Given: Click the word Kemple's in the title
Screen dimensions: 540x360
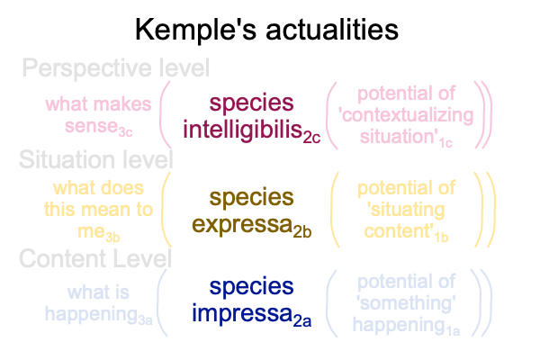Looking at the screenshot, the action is pyautogui.click(x=196, y=31).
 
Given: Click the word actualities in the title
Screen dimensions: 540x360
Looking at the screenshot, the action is pyautogui.click(x=332, y=30).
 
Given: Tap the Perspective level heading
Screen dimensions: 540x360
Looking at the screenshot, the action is pyautogui.click(x=116, y=67).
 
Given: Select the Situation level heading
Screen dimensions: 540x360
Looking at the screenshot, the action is pyautogui.click(x=96, y=159).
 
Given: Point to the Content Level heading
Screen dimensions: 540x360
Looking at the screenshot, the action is pyautogui.click(x=95, y=258).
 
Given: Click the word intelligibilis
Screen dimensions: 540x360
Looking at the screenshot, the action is pyautogui.click(x=242, y=130).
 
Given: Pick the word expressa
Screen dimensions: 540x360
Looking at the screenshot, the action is pyautogui.click(x=242, y=225).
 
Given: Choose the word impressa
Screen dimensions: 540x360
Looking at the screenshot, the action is pyautogui.click(x=242, y=313).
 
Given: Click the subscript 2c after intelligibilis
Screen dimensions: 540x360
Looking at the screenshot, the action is pyautogui.click(x=311, y=138).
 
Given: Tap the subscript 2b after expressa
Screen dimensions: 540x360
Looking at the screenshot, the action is pyautogui.click(x=302, y=232).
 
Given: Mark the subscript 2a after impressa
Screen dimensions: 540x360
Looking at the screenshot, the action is pyautogui.click(x=302, y=321).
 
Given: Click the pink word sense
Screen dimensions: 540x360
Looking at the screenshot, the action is pyautogui.click(x=91, y=126).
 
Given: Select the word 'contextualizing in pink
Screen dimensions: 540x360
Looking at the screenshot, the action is pyautogui.click(x=406, y=115).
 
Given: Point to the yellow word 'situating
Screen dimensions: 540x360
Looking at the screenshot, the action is pyautogui.click(x=406, y=210).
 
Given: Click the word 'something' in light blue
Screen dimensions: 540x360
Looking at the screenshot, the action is pyautogui.click(x=406, y=302).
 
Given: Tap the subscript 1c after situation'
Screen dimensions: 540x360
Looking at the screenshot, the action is pyautogui.click(x=445, y=143).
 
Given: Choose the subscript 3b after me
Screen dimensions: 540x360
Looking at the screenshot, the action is pyautogui.click(x=112, y=238).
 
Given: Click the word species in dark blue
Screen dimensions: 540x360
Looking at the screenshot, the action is pyautogui.click(x=251, y=286).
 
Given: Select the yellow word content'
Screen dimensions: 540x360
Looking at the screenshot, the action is pyautogui.click(x=399, y=230).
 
